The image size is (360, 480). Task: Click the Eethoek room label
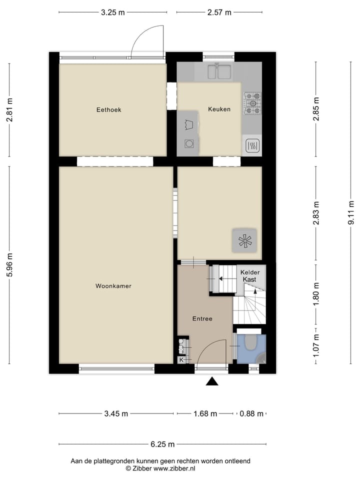[x=109, y=109]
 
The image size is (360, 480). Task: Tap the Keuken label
[x=219, y=109]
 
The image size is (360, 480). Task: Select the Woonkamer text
[x=113, y=286]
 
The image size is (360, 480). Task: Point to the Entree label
[x=202, y=318]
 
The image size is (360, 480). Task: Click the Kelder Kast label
[x=249, y=276]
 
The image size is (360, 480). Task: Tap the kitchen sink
[x=219, y=72]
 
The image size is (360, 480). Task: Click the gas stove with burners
[x=252, y=102]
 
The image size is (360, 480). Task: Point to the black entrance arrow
[x=213, y=382]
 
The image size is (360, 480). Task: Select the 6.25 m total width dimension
[x=163, y=444]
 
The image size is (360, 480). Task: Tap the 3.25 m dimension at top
[x=112, y=12]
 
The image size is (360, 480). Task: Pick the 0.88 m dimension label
[x=250, y=413]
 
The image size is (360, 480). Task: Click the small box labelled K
[x=181, y=359]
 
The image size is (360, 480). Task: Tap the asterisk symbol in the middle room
[x=244, y=241]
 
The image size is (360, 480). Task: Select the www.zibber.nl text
[x=174, y=468]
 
